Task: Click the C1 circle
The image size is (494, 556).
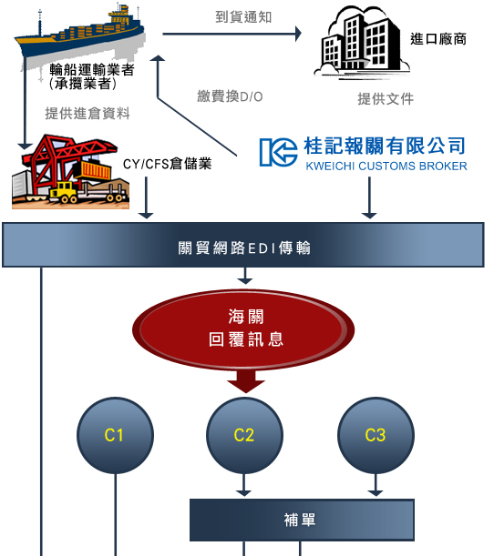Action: coord(116,436)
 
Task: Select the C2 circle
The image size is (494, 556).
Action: coord(244,436)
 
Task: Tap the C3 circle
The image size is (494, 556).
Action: coord(376,436)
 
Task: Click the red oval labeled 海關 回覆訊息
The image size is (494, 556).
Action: coord(243,329)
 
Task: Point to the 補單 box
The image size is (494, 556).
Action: coord(302,520)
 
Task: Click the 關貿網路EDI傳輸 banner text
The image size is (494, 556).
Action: coord(244,248)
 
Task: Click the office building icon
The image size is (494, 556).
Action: coord(362,43)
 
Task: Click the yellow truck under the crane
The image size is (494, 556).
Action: coord(63,193)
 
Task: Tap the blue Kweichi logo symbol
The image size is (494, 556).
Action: coord(278,152)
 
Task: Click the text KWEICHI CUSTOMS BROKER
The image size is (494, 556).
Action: coord(386,166)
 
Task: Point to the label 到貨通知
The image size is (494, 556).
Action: coord(243,17)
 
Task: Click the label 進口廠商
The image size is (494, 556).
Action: coord(438,39)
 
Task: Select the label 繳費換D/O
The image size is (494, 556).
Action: coord(230,96)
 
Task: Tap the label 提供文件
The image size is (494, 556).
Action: coord(386,99)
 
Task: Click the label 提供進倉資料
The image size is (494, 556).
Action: coord(87,114)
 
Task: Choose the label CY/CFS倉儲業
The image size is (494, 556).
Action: coord(168,164)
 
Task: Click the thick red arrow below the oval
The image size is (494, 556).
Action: coord(246,381)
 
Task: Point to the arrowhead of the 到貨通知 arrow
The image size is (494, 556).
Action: coord(298,34)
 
